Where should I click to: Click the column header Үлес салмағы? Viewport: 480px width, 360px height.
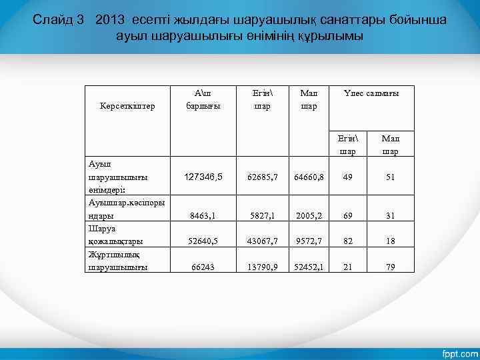pos(371,93)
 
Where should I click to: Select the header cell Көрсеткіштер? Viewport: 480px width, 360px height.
pos(127,105)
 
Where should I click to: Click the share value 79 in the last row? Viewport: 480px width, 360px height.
pos(390,267)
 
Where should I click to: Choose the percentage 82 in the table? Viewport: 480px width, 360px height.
pos(347,241)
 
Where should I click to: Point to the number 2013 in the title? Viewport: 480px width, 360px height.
pos(109,20)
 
